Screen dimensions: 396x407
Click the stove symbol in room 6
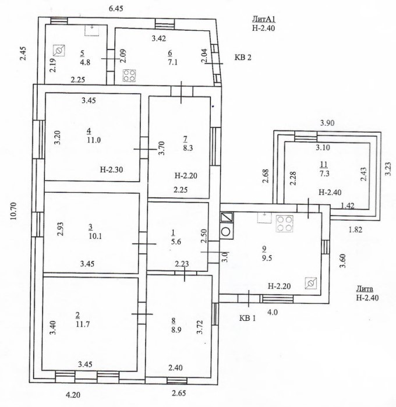[x=129, y=75]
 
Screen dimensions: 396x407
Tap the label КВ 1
[x=248, y=318]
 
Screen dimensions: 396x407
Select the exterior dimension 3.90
[x=329, y=123]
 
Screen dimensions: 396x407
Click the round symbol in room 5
[x=58, y=50]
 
